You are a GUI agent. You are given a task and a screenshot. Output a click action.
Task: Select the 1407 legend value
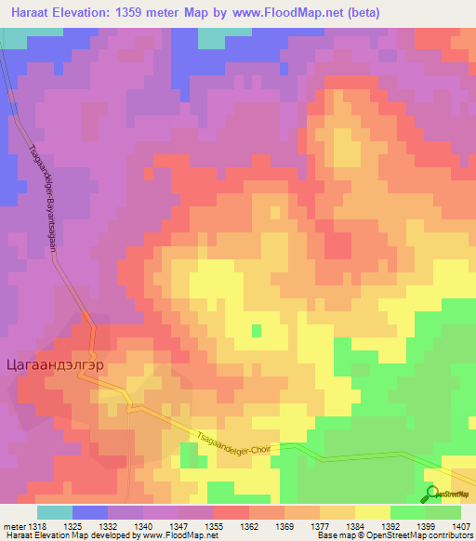tap(462, 527)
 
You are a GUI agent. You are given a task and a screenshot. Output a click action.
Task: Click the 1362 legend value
tap(250, 527)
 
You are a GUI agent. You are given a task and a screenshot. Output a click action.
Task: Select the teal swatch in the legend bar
tap(55, 512)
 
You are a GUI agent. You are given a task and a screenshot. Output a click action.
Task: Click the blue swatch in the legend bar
tap(90, 512)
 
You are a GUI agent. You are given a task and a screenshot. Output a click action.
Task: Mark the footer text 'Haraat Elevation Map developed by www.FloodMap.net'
tap(103, 536)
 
